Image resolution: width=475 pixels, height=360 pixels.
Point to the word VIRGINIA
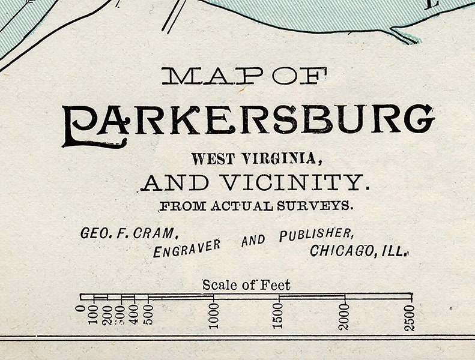[x=282, y=159]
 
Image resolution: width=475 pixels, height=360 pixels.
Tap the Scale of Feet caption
[x=246, y=285]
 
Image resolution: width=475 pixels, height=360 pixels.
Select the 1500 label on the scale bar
[x=279, y=316]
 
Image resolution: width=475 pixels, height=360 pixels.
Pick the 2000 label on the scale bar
[x=345, y=316]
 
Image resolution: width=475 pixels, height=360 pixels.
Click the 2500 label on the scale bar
[x=410, y=317]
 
